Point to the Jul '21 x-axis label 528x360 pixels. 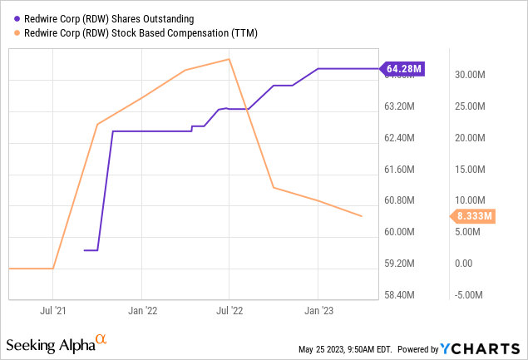(53, 311)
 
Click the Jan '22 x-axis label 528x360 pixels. (141, 311)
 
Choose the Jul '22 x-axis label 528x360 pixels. (229, 311)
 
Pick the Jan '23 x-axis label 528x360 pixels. (318, 311)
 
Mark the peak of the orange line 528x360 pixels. (229, 59)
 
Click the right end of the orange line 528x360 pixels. (362, 216)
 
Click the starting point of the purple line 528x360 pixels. (85, 249)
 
